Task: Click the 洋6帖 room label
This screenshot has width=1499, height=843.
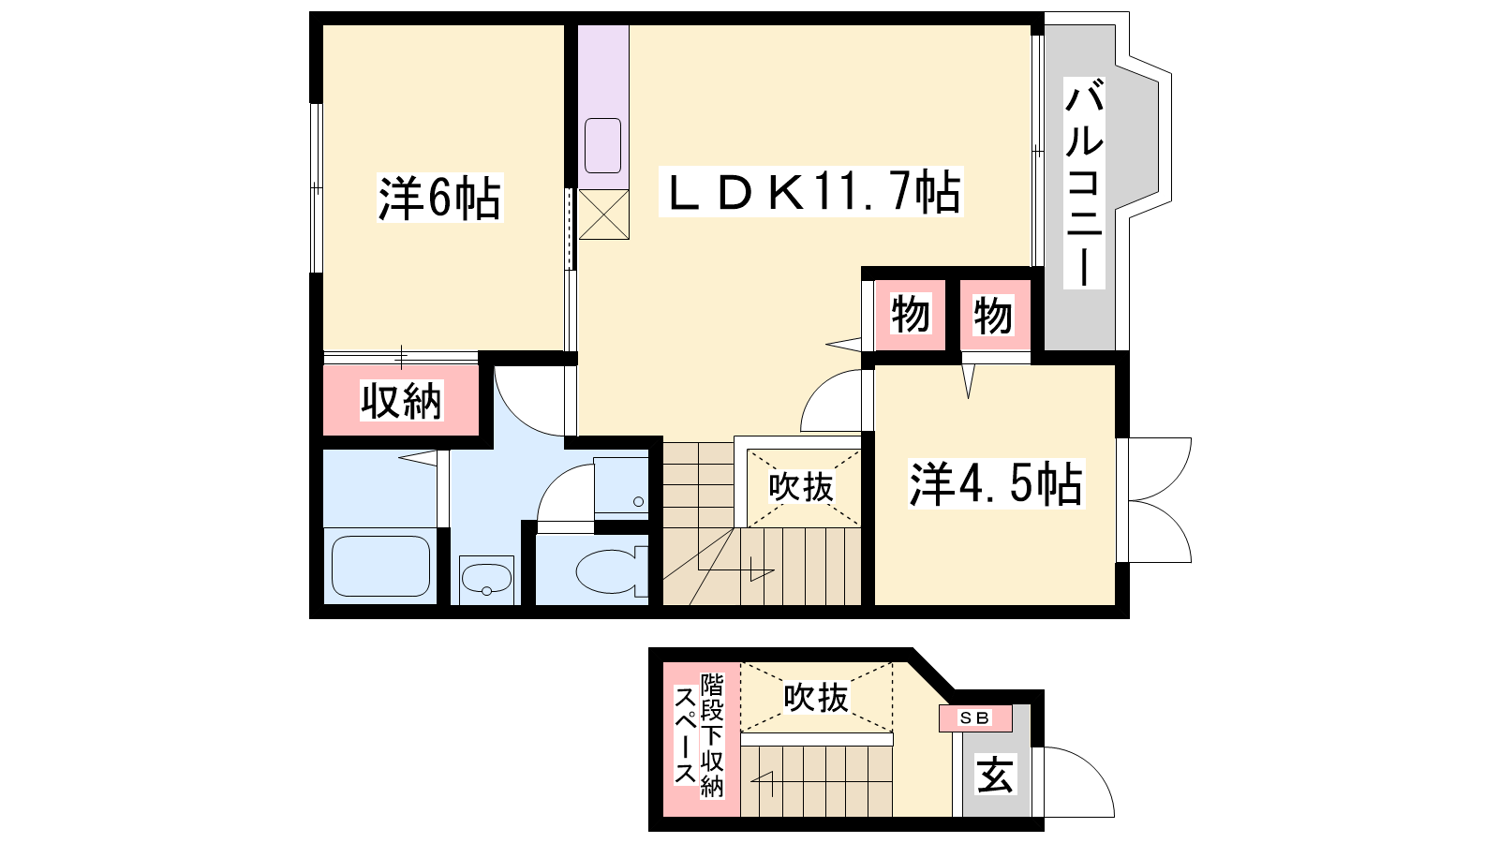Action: tap(439, 198)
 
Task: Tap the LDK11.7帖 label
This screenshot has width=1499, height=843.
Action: tap(811, 191)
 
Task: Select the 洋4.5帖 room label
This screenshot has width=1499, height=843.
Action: tap(996, 483)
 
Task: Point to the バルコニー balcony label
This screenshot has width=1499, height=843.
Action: tap(1084, 183)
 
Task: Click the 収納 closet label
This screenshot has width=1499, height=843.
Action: tap(402, 401)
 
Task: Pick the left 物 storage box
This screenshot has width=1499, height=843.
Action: tap(910, 315)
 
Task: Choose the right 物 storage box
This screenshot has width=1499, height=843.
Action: tap(995, 315)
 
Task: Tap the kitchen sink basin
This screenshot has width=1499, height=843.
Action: tap(603, 146)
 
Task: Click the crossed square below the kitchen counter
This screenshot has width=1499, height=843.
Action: tap(603, 214)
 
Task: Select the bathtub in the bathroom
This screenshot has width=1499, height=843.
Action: tap(380, 566)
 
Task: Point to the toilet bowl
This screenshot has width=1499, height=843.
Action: tap(611, 571)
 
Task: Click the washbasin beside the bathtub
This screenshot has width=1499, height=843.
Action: tap(486, 580)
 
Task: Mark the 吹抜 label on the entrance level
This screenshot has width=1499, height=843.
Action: tap(816, 697)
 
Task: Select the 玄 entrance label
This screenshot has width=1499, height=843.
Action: tap(995, 775)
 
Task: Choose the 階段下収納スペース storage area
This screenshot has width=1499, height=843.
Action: tap(702, 739)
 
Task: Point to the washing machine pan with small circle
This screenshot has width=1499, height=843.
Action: tap(621, 485)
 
